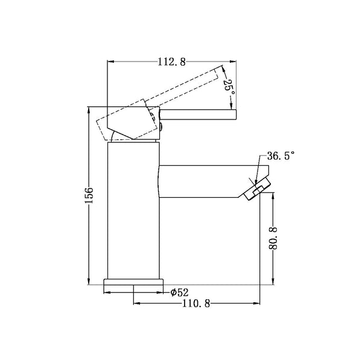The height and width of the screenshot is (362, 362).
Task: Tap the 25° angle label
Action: coord(228,86)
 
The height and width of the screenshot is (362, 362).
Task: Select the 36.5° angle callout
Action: coord(280,156)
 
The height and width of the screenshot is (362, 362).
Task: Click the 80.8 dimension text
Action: coord(273,239)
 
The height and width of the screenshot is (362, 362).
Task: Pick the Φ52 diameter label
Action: coord(180,292)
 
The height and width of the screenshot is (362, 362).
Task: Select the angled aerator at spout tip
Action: coord(254,191)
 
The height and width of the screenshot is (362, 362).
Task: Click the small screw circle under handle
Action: coord(161,126)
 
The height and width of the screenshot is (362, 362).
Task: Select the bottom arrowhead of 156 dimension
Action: coord(89,281)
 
